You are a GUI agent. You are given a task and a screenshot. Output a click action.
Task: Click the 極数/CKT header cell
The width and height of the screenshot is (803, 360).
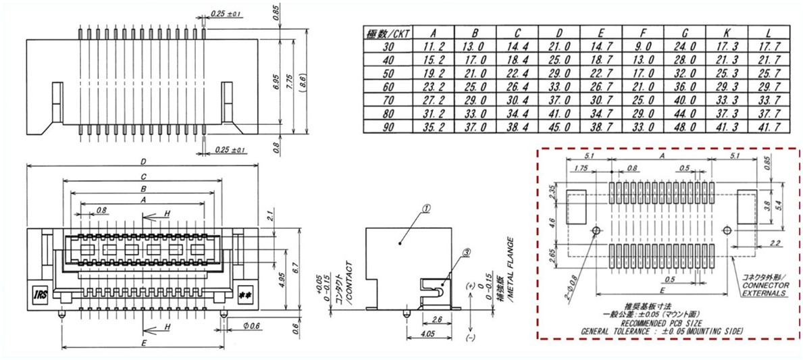pyautogui.click(x=388, y=32)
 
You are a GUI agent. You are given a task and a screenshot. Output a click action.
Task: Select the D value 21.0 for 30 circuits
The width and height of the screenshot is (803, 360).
pyautogui.click(x=558, y=46)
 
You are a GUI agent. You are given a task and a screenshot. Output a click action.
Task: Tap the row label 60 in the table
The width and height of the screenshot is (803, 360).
pyautogui.click(x=388, y=86)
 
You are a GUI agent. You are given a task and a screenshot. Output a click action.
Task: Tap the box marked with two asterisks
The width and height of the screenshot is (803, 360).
pyautogui.click(x=245, y=294)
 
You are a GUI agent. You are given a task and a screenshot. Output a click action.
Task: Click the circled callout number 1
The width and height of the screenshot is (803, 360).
pyautogui.click(x=426, y=209)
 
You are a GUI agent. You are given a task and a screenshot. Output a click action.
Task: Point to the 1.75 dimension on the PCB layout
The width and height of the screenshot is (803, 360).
pyautogui.click(x=580, y=168)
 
